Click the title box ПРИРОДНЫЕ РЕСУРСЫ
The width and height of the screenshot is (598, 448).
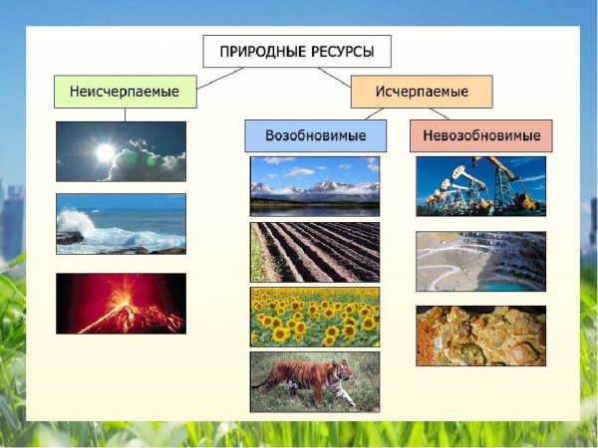point(296,51)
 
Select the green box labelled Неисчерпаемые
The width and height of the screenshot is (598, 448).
point(124,92)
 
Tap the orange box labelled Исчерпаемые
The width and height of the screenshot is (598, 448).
point(422,92)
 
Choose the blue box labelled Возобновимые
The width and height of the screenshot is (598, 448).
point(315,135)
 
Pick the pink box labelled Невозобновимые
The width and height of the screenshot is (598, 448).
point(480,135)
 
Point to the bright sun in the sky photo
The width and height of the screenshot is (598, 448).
point(104,151)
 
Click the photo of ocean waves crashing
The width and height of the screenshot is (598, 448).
point(121,224)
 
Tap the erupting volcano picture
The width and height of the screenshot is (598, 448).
point(121,303)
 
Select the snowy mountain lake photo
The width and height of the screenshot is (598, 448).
point(315,185)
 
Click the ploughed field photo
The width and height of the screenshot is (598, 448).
point(315,252)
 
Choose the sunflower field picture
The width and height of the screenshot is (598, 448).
point(315,317)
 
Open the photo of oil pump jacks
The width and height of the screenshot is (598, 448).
point(480,185)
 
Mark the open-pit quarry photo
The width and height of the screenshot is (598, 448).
point(480,261)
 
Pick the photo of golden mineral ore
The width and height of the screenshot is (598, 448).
point(480,336)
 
